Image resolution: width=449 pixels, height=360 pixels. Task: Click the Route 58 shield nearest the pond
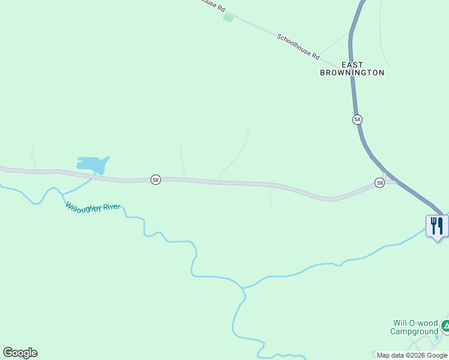pyautogui.click(x=155, y=180)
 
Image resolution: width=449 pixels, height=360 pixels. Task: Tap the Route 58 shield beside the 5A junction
pyautogui.click(x=379, y=183)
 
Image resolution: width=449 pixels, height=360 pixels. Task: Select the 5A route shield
pyautogui.click(x=357, y=119)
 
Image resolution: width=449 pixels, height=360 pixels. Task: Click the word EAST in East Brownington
pyautogui.click(x=352, y=64)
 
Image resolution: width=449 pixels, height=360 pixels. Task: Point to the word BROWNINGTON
pyautogui.click(x=352, y=73)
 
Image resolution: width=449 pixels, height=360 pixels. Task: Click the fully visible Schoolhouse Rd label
pyautogui.click(x=298, y=46)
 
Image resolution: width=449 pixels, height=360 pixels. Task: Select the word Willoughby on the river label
pyautogui.click(x=83, y=206)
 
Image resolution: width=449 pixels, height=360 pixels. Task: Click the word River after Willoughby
pyautogui.click(x=112, y=207)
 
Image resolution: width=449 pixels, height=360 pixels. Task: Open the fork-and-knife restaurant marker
pyautogui.click(x=436, y=226)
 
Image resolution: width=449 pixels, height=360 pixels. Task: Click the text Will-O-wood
pyautogui.click(x=415, y=323)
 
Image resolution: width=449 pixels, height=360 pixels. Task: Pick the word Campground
pyautogui.click(x=414, y=332)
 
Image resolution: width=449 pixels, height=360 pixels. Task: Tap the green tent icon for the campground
pyautogui.click(x=445, y=327)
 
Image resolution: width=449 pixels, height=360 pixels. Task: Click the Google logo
pyautogui.click(x=20, y=353)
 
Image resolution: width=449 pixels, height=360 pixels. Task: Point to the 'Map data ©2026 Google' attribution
pyautogui.click(x=412, y=355)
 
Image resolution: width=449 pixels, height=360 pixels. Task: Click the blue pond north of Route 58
pyautogui.click(x=92, y=163)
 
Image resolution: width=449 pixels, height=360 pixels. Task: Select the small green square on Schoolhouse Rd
pyautogui.click(x=228, y=17)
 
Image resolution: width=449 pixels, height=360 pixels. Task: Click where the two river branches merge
pyautogui.click(x=243, y=288)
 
